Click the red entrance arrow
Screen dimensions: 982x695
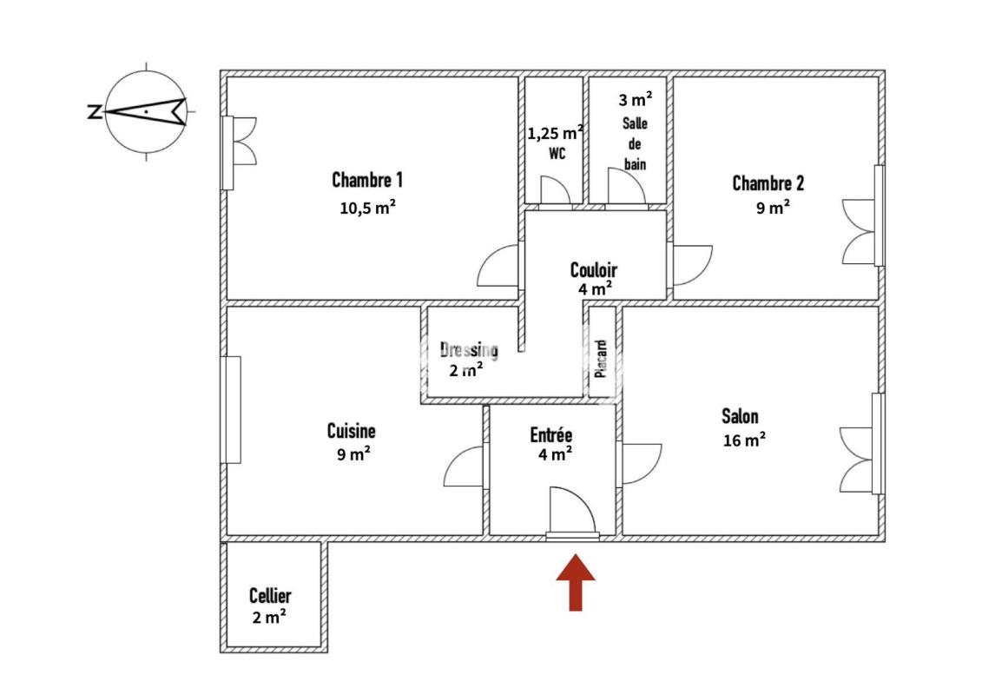coord(576,583)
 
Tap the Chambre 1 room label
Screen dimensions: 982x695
coord(367,180)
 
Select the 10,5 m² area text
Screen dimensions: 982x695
coord(367,208)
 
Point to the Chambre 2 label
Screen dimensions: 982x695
coord(768,183)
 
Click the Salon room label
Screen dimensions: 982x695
coord(740,416)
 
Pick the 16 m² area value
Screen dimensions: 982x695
coord(744,440)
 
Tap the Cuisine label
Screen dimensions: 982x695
coord(352,431)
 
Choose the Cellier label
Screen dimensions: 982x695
coord(270,595)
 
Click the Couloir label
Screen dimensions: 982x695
coord(594,270)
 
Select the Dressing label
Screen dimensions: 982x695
coord(469,350)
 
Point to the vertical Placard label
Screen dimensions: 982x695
coord(601,359)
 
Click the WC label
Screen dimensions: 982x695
coord(557,153)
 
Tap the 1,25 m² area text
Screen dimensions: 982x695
coord(556,133)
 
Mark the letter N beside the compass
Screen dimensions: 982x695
coord(95,112)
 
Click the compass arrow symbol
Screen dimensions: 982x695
coord(145,111)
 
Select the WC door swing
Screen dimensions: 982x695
coord(556,190)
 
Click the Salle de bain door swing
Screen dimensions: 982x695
coord(626,186)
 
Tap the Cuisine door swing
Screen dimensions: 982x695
coord(464,467)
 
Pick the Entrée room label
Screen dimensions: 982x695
coord(551,435)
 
